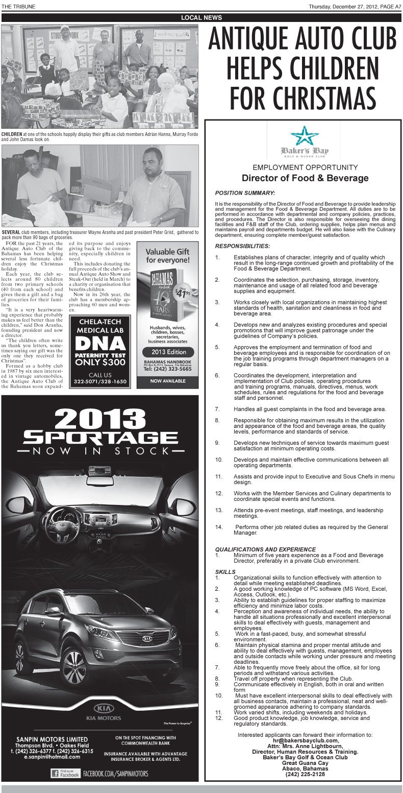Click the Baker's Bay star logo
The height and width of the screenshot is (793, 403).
pos(304,135)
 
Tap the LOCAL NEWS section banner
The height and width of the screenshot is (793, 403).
pos(202,18)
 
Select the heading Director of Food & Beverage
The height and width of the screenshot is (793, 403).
pos(305,178)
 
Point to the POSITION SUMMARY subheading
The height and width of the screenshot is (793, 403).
pos(245,193)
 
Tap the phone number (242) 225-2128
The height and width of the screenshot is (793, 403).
pos(305,774)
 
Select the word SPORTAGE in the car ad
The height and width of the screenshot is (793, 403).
pos(99,438)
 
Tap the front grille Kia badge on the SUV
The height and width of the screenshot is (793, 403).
pos(147,638)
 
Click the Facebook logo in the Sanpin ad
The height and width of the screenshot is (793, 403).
pos(65,774)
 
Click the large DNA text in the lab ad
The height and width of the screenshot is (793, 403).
pos(99,343)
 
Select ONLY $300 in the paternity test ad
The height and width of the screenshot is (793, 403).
pos(99,363)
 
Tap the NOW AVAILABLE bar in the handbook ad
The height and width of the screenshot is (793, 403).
pos(167,381)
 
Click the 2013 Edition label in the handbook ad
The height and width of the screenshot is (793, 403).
pos(168,352)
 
